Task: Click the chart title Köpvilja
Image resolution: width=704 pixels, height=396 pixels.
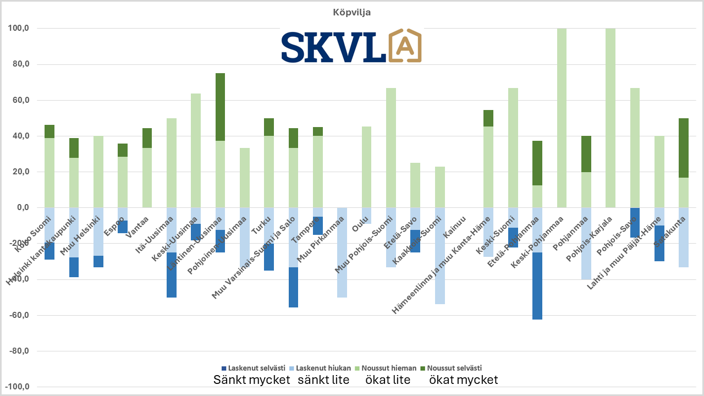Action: tap(351, 12)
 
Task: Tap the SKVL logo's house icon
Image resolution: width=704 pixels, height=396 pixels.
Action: tap(404, 46)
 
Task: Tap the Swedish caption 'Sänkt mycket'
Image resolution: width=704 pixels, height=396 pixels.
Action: tap(251, 380)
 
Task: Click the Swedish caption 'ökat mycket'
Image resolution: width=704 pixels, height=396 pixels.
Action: tap(463, 380)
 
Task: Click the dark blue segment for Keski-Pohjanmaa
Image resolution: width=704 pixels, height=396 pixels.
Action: tap(537, 285)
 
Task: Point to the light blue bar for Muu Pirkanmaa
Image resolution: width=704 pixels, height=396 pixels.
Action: tap(342, 252)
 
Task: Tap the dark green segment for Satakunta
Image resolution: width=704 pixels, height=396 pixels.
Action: tap(684, 148)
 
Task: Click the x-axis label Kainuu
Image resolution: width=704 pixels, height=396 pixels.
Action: tap(455, 226)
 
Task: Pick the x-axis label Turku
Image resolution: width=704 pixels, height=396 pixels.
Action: tap(261, 225)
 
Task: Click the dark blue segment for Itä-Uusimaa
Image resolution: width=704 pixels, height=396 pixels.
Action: tap(172, 274)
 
